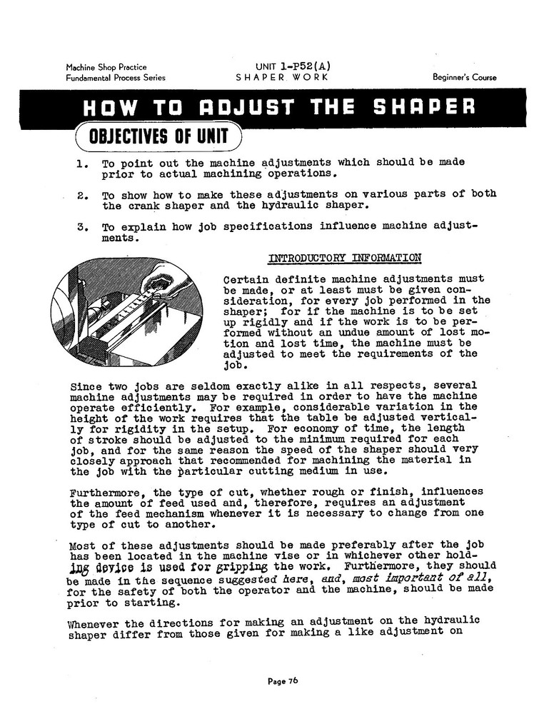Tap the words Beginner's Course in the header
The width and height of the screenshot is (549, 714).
pos(464,77)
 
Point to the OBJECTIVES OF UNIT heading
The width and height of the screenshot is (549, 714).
pos(158,136)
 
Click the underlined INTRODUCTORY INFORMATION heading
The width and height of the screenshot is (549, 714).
pos(344,258)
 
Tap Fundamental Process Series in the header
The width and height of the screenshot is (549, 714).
pos(116,78)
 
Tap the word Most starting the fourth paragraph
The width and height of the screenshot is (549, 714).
pos(83,546)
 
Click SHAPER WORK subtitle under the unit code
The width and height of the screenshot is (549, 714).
pos(282,77)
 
